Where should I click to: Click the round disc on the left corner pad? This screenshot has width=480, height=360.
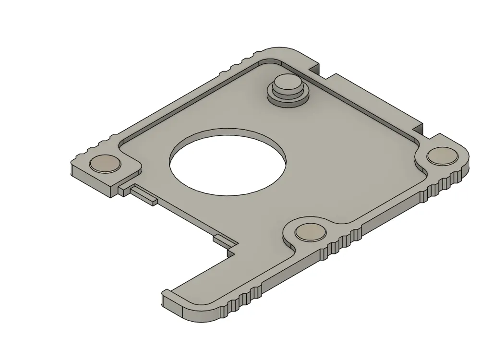click(x=106, y=164)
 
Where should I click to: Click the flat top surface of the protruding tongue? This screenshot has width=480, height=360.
click(x=211, y=288)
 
